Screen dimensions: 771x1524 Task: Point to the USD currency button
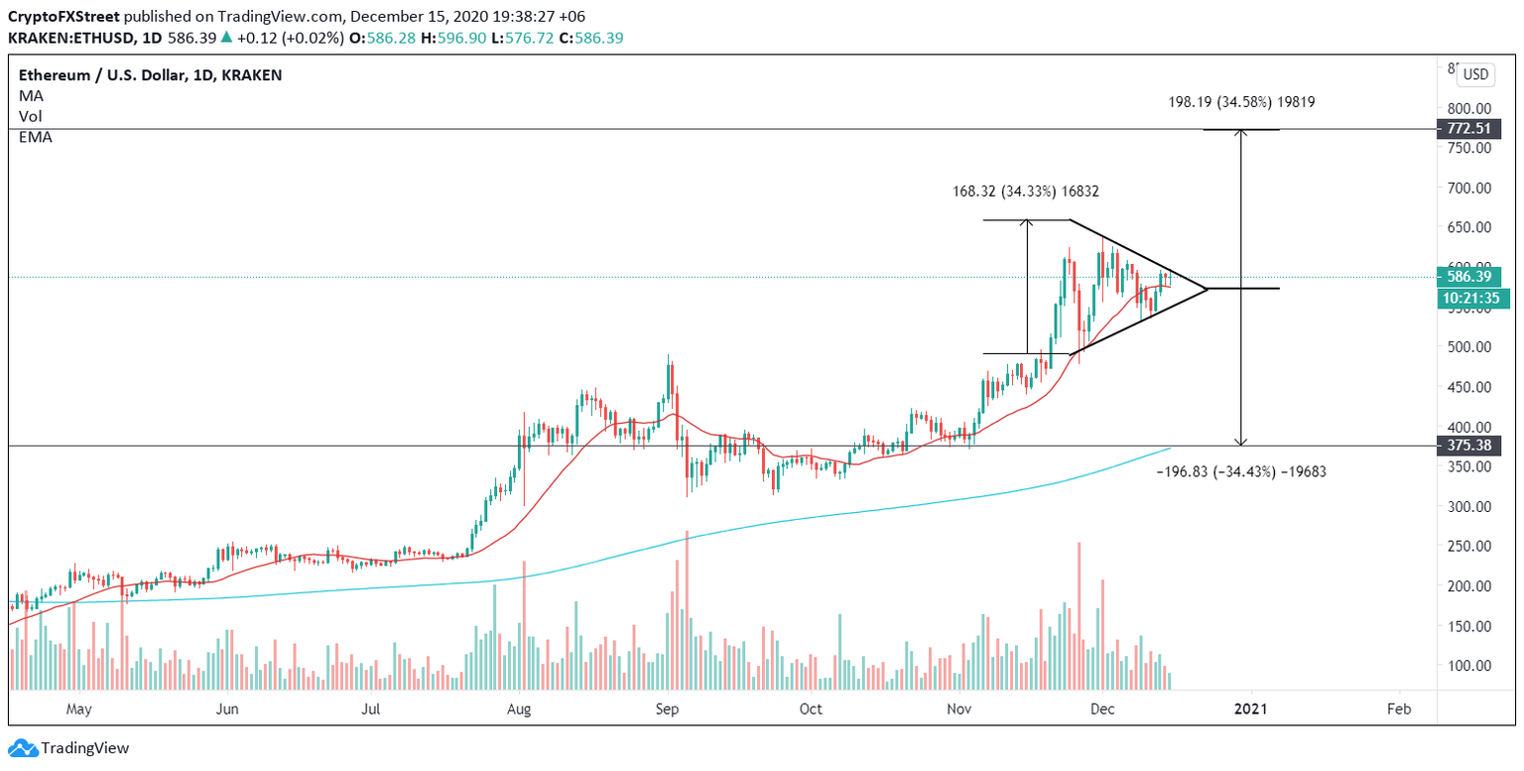click(1477, 74)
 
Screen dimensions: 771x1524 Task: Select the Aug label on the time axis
click(517, 709)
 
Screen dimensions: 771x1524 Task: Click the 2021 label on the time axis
click(1251, 709)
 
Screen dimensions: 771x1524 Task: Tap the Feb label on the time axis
click(1399, 709)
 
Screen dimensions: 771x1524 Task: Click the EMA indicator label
click(36, 137)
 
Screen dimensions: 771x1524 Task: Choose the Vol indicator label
click(31, 116)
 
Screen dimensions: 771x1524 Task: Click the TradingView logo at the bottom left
click(69, 748)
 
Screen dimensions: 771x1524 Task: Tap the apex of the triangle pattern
click(1207, 288)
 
